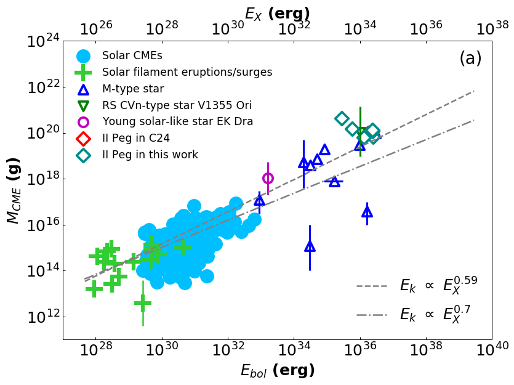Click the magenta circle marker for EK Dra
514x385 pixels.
(268, 178)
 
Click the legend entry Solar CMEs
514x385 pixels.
(132, 55)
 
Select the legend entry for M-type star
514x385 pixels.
(133, 89)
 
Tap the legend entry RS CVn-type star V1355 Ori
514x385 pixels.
(177, 105)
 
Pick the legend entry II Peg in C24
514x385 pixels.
(136, 138)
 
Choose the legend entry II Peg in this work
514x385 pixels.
(150, 155)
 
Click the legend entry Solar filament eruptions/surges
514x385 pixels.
(187, 72)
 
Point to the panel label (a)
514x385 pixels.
(470, 59)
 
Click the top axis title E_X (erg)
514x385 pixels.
(277, 14)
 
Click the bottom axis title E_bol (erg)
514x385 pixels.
(278, 370)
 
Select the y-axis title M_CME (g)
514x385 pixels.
(13, 190)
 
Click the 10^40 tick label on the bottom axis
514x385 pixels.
(492, 351)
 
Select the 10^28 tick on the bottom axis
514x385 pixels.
(96, 351)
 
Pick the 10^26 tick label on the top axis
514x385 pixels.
(97, 28)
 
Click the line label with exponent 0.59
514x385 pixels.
(438, 285)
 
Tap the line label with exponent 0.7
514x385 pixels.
(435, 314)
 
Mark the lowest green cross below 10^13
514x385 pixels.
(143, 303)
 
